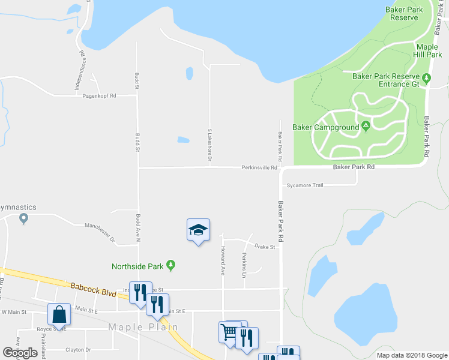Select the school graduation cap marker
(199, 230)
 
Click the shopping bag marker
(59, 314)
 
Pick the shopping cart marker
(229, 332)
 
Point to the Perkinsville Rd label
(259, 168)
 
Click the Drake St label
(264, 247)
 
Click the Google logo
(20, 353)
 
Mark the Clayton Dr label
(79, 349)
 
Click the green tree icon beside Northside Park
(171, 265)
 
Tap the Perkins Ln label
(244, 265)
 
